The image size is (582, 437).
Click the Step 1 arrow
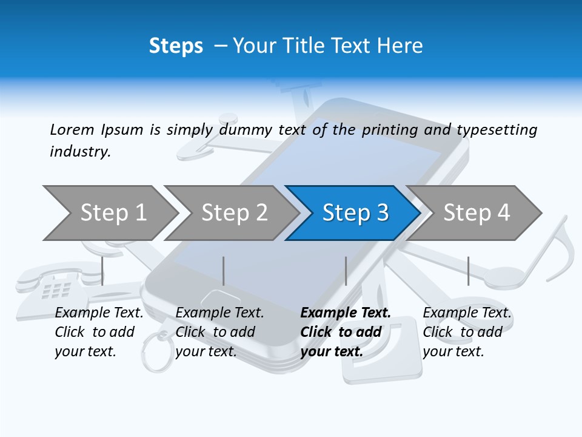pyautogui.click(x=112, y=212)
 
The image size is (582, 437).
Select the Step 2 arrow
pyautogui.click(x=233, y=212)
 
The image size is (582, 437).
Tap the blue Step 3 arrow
pyautogui.click(x=355, y=212)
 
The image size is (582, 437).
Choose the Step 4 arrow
pyautogui.click(x=476, y=212)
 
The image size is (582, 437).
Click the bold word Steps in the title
pyautogui.click(x=176, y=46)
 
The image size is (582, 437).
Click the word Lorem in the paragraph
pyautogui.click(x=72, y=129)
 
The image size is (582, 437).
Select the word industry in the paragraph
pyautogui.click(x=79, y=152)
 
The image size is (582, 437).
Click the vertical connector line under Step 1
pyautogui.click(x=102, y=271)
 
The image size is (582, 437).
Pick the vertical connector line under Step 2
pyautogui.click(x=224, y=271)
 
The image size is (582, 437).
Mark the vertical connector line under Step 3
pyautogui.click(x=346, y=271)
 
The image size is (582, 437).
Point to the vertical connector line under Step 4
pyautogui.click(x=468, y=271)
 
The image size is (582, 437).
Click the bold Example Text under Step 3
pyautogui.click(x=346, y=313)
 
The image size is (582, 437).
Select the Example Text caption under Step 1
pyautogui.click(x=99, y=313)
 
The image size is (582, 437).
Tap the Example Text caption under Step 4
pyautogui.click(x=467, y=313)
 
